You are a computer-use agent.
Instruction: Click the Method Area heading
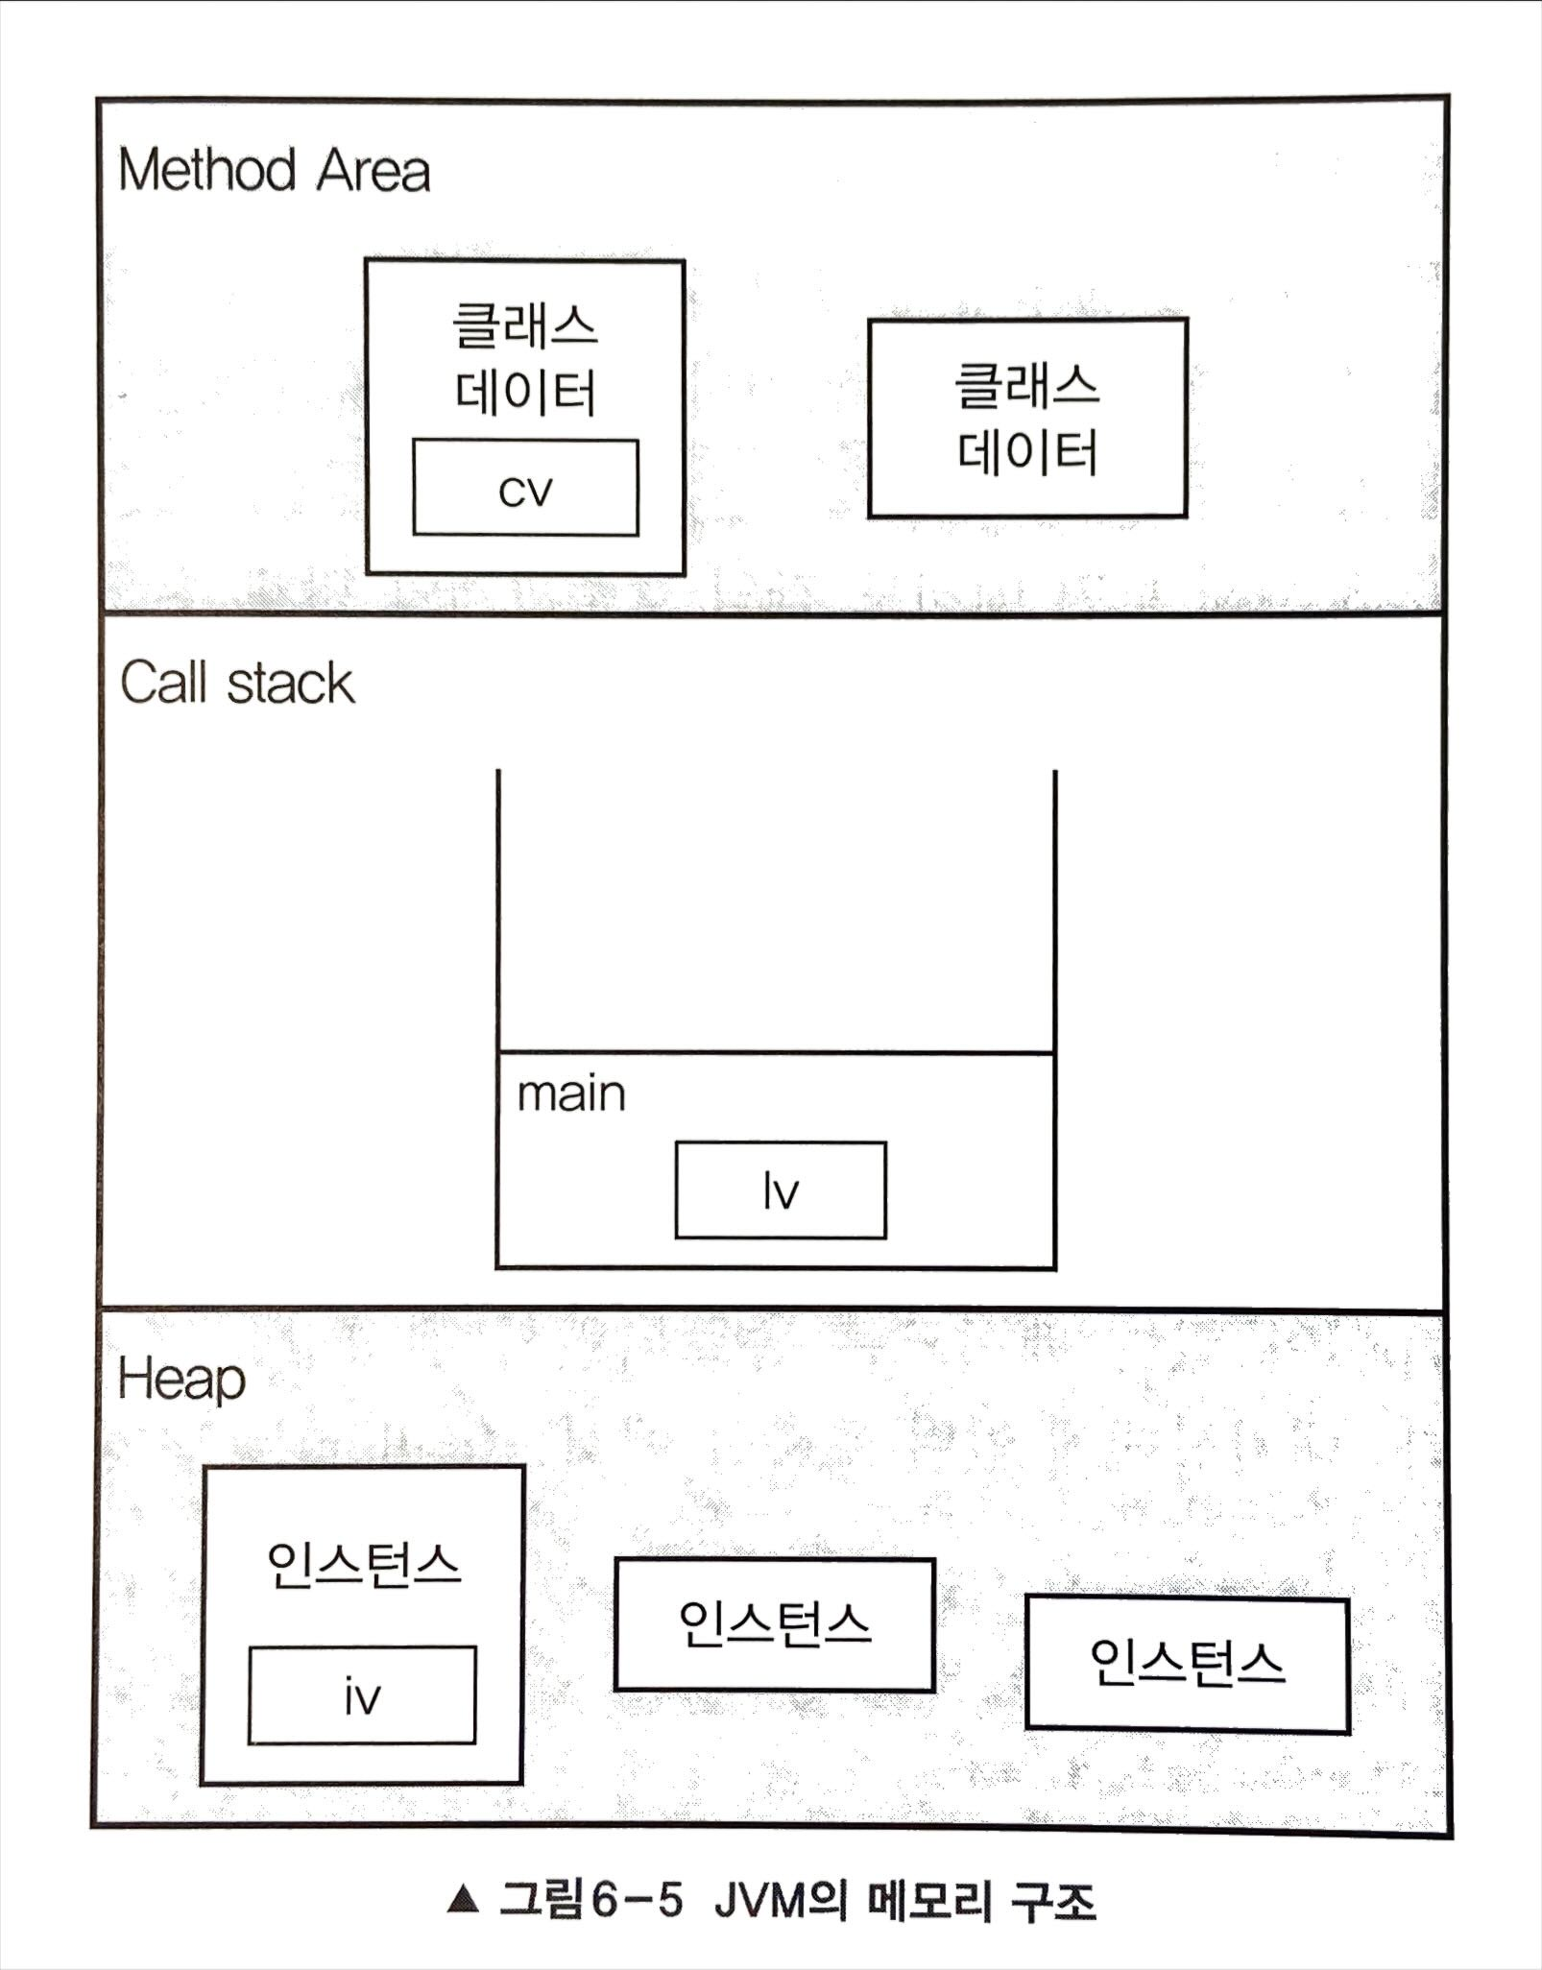274,171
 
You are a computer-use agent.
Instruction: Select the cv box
525,488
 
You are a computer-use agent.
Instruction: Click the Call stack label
237,684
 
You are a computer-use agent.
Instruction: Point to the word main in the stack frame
571,1094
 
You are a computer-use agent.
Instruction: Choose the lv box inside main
781,1190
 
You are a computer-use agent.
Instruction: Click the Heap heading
181,1380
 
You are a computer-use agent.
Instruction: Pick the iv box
362,1695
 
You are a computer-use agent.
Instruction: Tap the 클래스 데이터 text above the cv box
525,358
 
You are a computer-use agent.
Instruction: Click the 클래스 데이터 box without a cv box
1027,419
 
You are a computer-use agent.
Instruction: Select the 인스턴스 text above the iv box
364,1565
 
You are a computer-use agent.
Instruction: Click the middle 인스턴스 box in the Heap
774,1624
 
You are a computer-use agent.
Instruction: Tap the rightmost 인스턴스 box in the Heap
1187,1663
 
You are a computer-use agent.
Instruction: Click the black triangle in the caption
463,1899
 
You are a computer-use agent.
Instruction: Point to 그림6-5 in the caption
590,1900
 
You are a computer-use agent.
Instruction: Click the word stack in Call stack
291,684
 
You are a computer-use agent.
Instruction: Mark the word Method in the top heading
206,171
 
